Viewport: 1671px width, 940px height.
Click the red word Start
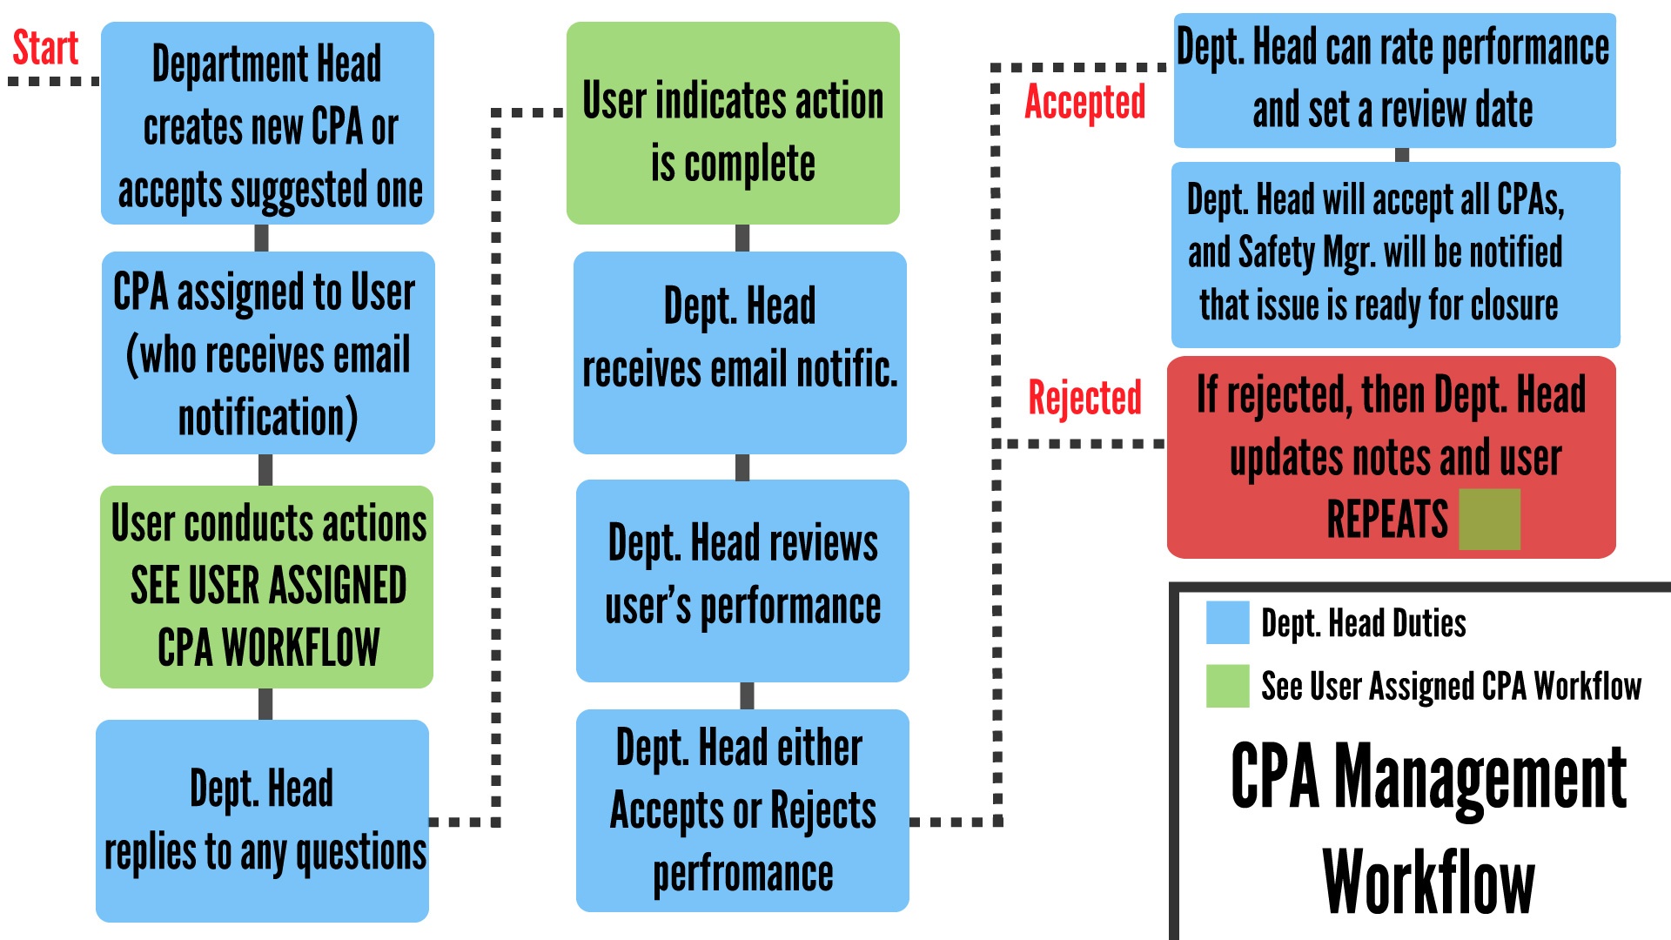click(x=45, y=48)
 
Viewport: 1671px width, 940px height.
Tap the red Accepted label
click(x=1084, y=103)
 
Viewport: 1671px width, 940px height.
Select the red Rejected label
click(x=1084, y=398)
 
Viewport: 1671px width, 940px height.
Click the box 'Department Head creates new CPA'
click(x=267, y=123)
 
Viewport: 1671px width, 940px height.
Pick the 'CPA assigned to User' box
click(x=268, y=352)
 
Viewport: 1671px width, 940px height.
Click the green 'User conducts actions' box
click(x=266, y=587)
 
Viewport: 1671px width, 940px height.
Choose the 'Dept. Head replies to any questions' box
click(x=262, y=821)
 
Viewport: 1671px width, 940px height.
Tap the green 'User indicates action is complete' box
click(x=733, y=123)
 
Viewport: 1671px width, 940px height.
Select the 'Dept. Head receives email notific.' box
click(x=740, y=352)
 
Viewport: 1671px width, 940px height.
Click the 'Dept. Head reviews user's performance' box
click(x=742, y=581)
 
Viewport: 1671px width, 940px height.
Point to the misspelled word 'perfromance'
click(x=743, y=874)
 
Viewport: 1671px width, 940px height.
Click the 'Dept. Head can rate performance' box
click(x=1395, y=80)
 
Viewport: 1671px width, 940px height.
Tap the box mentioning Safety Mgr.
click(x=1396, y=255)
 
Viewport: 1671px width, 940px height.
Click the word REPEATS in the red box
click(x=1387, y=520)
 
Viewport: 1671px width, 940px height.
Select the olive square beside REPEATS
click(x=1489, y=520)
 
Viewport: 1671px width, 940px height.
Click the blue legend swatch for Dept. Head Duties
click(x=1227, y=622)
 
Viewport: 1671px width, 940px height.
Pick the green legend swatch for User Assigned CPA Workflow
click(x=1227, y=686)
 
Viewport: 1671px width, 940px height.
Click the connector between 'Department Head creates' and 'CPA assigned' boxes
click(x=261, y=238)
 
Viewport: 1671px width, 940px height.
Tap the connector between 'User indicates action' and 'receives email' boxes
click(x=742, y=238)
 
